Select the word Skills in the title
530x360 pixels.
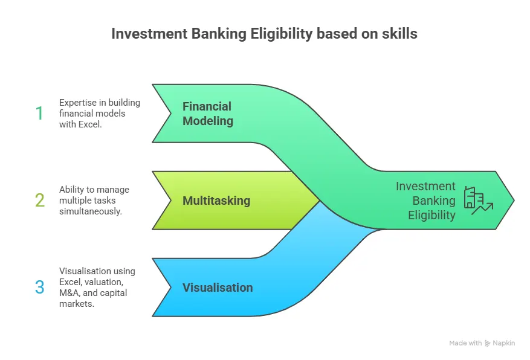click(399, 34)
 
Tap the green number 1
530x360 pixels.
click(39, 113)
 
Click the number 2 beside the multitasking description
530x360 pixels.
click(39, 200)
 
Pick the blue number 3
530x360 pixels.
click(39, 287)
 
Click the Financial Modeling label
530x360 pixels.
click(207, 113)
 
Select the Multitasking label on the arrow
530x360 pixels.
click(216, 200)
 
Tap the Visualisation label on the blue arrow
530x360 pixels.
click(218, 288)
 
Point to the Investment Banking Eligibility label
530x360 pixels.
click(425, 201)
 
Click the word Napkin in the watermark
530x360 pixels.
click(504, 343)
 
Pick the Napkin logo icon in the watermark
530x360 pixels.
click(488, 343)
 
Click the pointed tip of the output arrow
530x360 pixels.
click(513, 200)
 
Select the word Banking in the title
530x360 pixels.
click(206, 34)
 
